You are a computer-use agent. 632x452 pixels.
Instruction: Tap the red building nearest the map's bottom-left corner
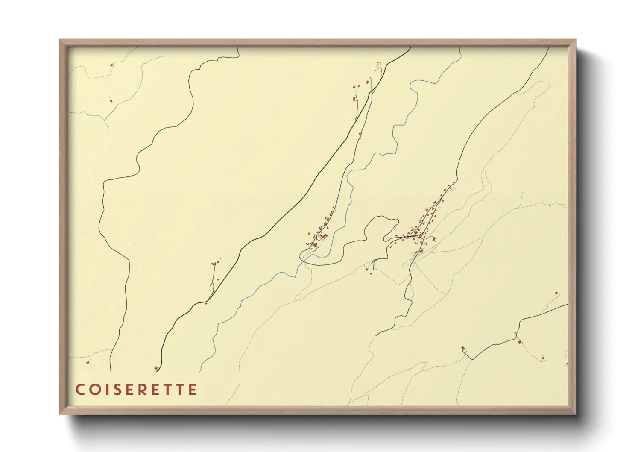coord(88,362)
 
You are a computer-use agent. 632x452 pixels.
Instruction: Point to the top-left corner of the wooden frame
coord(60,40)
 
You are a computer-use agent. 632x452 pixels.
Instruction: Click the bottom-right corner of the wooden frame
coord(576,414)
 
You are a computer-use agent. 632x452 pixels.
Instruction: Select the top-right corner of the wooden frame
coord(576,40)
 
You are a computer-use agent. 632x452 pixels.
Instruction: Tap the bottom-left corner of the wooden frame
coord(60,414)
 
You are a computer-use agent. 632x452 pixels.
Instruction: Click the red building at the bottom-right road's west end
coord(463,349)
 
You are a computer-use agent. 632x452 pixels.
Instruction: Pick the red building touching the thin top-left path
coord(112,65)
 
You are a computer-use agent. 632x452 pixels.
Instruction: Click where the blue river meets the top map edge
coord(461,48)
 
